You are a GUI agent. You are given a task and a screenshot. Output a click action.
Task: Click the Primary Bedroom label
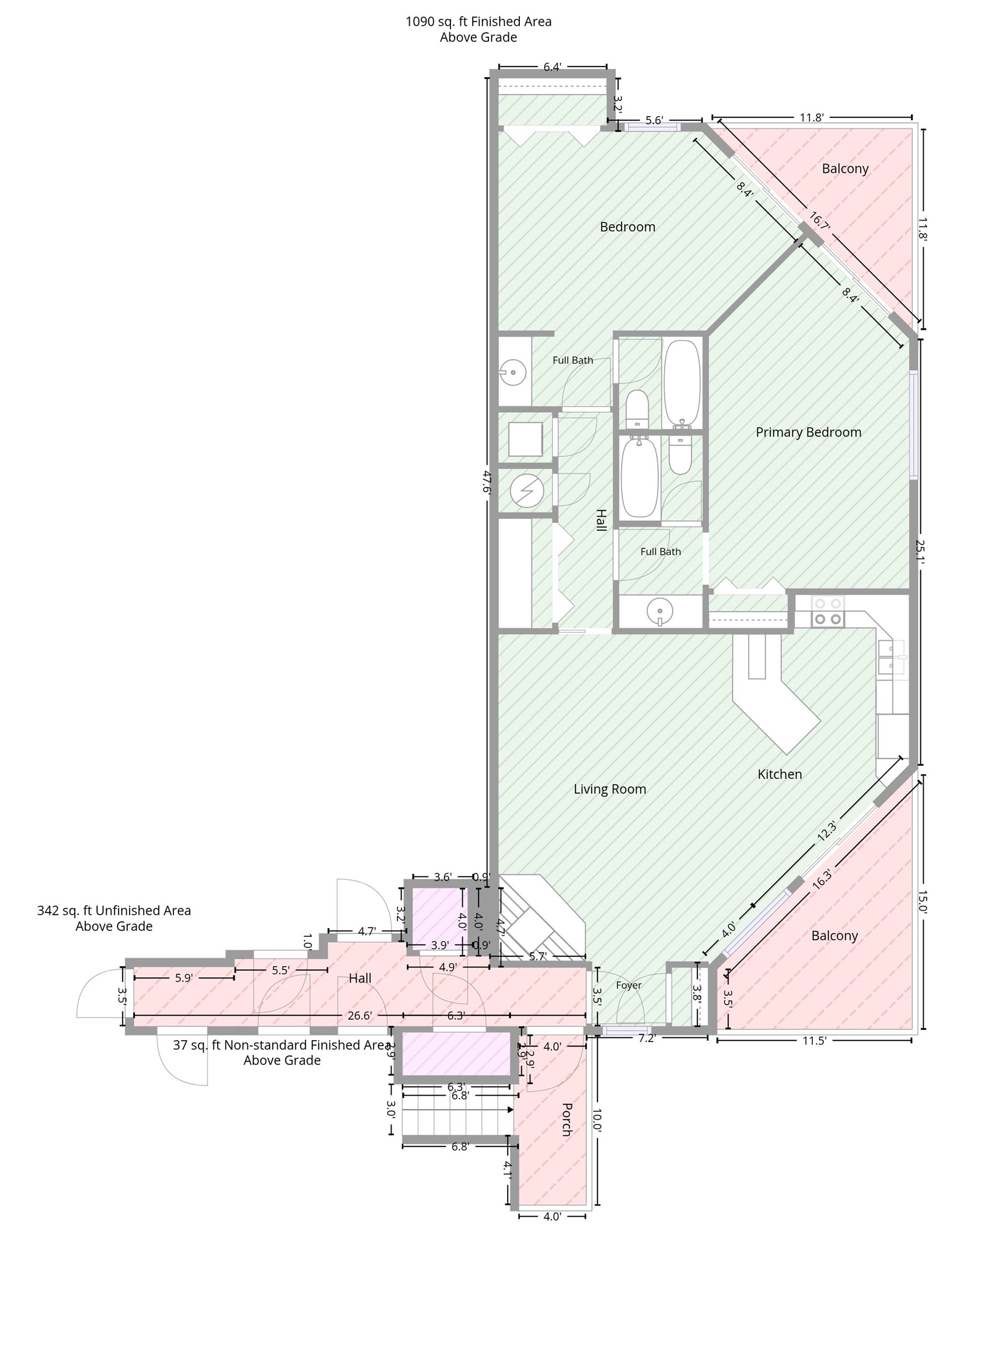click(x=808, y=433)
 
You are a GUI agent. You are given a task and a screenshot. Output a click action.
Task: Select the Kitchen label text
click(x=780, y=774)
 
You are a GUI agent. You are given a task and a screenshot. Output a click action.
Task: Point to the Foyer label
click(x=628, y=985)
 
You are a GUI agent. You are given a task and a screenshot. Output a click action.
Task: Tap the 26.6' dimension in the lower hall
click(x=359, y=1016)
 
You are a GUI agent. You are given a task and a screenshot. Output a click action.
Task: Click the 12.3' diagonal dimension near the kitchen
click(x=827, y=830)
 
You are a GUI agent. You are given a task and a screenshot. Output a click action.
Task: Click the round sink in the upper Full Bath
click(x=514, y=372)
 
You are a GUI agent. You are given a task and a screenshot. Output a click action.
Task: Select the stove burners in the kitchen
click(x=828, y=611)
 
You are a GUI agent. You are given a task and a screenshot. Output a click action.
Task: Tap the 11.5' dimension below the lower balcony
click(x=814, y=1041)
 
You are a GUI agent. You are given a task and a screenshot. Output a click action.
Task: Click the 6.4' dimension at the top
click(x=552, y=67)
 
